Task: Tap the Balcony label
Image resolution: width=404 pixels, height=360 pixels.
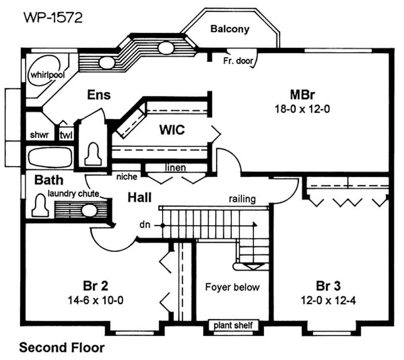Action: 230,29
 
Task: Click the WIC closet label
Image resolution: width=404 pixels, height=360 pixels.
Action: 172,130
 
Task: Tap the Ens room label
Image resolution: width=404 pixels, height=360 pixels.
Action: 98,94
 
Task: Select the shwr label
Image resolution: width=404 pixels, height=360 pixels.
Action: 39,135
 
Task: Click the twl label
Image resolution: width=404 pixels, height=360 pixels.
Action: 66,135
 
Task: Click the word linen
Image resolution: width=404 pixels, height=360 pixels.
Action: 175,167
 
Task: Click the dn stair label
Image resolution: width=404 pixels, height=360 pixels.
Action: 145,224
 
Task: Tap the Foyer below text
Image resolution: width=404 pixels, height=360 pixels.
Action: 232,287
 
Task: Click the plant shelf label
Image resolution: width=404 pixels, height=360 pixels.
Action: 233,325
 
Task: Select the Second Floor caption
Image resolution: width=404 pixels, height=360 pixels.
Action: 62,347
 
